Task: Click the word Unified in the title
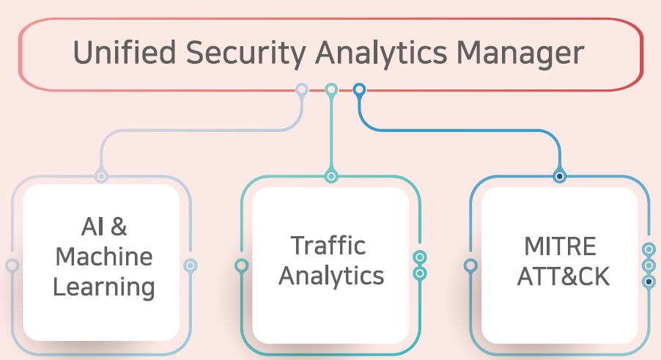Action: (x=117, y=54)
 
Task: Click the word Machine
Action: (x=104, y=257)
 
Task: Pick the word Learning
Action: (x=104, y=286)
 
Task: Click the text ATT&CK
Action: (x=563, y=276)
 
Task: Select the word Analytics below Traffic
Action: (x=331, y=276)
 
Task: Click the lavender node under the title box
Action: (x=301, y=90)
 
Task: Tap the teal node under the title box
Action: (x=331, y=90)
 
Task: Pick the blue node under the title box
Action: (x=359, y=90)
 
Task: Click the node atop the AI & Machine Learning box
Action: (x=101, y=176)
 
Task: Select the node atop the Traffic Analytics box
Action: (x=331, y=176)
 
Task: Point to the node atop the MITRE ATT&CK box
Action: (x=560, y=176)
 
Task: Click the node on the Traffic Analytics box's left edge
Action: (x=241, y=265)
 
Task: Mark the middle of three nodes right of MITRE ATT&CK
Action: (x=649, y=265)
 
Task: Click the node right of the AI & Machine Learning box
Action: (x=190, y=265)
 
